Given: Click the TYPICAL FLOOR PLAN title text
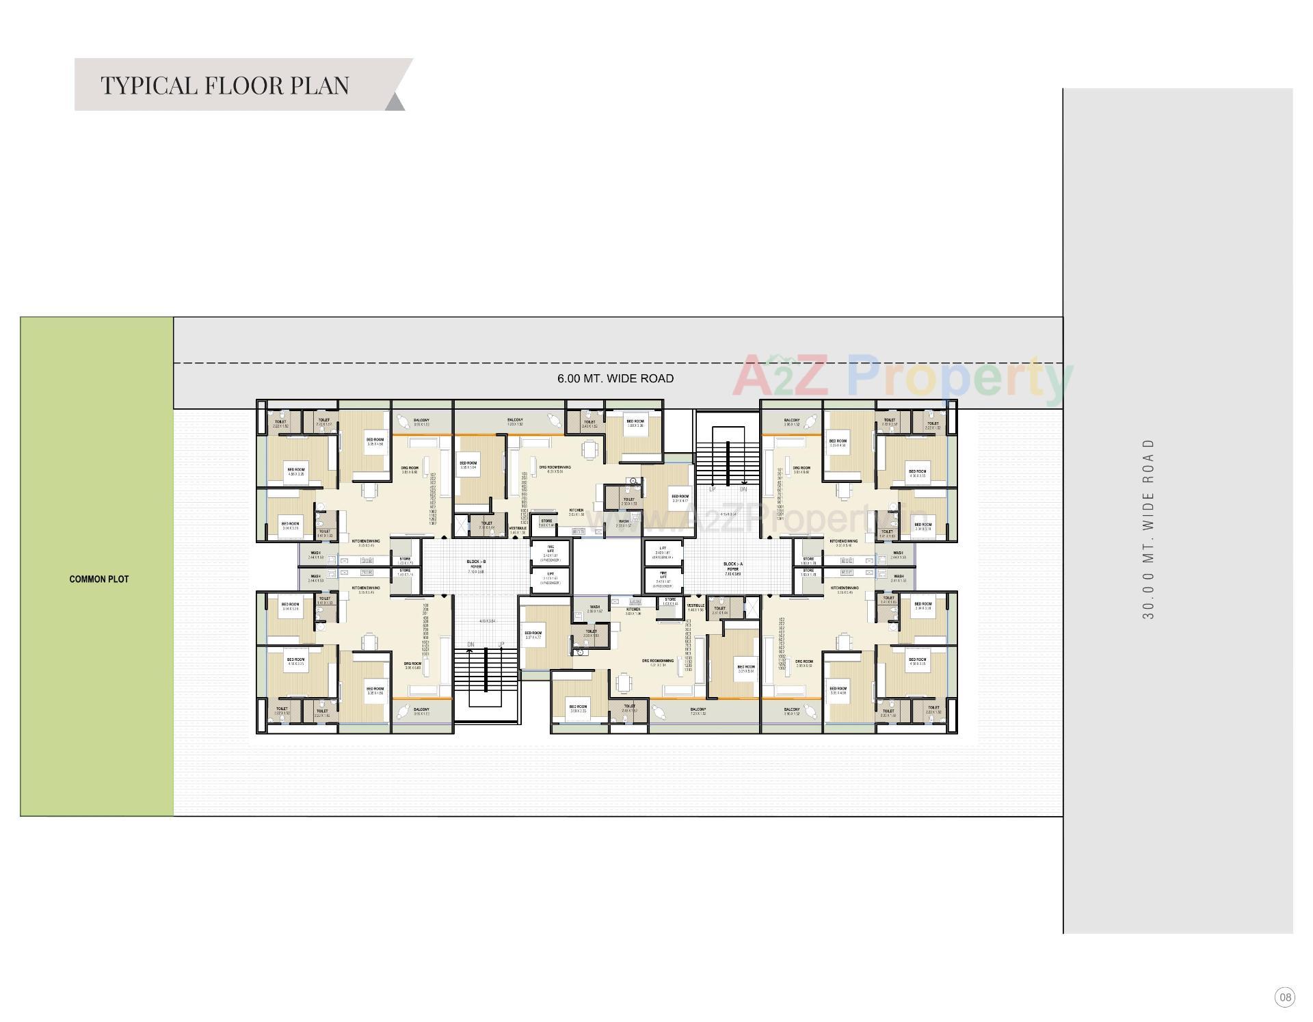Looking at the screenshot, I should coord(225,86).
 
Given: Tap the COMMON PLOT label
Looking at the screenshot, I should coord(99,579).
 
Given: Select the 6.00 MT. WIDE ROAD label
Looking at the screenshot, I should coord(615,378).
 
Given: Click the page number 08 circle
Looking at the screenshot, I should coord(1285,997).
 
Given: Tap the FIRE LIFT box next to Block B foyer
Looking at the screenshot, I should coord(551,551).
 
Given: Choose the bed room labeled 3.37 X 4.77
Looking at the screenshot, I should coord(533,636).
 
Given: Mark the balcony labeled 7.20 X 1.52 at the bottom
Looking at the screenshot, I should coord(698,711).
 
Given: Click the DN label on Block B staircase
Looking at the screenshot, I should coord(470,644).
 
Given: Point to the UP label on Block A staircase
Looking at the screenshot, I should coord(712,490).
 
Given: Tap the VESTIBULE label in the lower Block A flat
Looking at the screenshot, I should coord(695,607).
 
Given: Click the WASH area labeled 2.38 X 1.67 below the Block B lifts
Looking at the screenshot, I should coord(594,608).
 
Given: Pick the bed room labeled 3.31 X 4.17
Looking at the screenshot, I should coord(680,498).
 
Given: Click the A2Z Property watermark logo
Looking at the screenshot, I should coord(903,376).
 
